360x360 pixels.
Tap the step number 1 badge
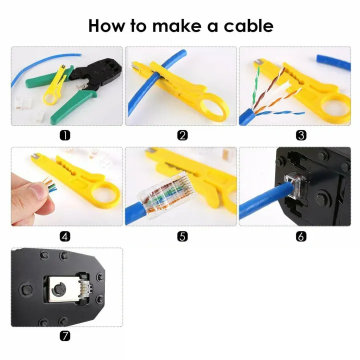click(x=65, y=135)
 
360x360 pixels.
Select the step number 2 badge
click(x=182, y=135)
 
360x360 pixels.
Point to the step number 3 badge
click(x=301, y=135)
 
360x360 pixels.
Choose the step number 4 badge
click(x=65, y=236)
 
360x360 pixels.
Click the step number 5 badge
click(x=182, y=236)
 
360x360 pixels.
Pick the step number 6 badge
click(x=301, y=236)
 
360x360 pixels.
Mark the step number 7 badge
click(x=65, y=336)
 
